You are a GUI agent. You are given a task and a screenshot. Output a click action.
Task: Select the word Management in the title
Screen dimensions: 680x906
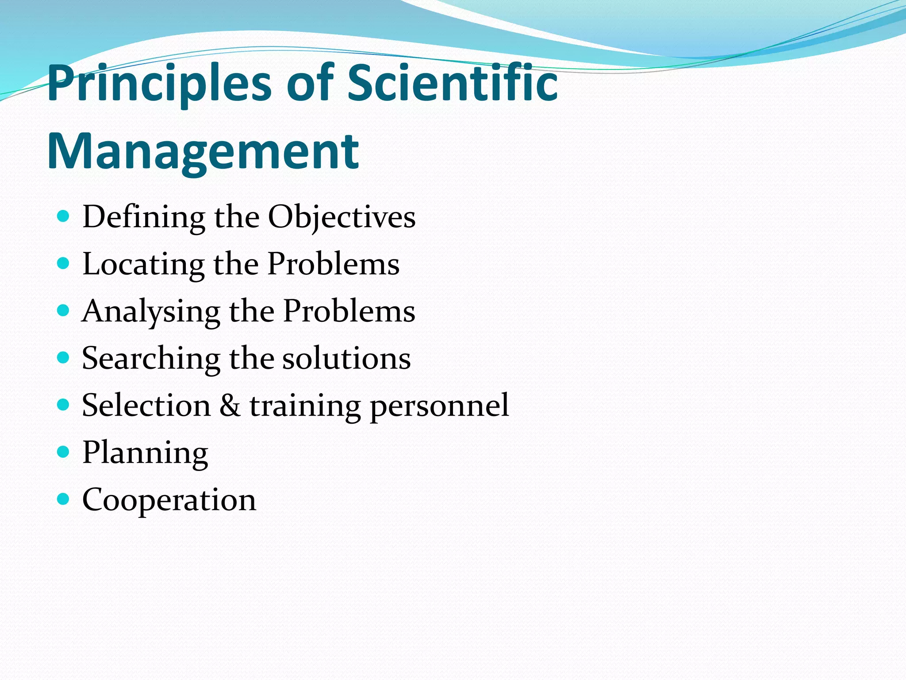[x=203, y=151]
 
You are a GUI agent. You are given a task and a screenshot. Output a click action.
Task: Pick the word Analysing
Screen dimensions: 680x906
[x=151, y=312]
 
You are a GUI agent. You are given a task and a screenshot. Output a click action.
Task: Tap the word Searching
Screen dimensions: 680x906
[x=151, y=359]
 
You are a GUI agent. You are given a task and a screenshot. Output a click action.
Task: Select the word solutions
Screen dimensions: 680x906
[x=346, y=359]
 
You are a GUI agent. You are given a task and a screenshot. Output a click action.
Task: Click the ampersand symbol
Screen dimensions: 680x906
[x=230, y=406]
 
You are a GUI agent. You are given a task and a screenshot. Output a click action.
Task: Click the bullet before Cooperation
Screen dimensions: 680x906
[x=64, y=499]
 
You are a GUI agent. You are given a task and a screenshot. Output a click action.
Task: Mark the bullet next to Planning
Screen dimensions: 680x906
[x=64, y=452]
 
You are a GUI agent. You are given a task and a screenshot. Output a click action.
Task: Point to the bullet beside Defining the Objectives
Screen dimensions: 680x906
[x=64, y=216]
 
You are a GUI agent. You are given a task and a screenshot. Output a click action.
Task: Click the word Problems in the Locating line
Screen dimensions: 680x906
[x=334, y=265]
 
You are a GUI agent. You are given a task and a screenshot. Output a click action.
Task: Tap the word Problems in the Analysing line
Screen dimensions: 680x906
[x=349, y=312]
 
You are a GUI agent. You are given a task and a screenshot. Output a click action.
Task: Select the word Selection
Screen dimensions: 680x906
[x=146, y=406]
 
